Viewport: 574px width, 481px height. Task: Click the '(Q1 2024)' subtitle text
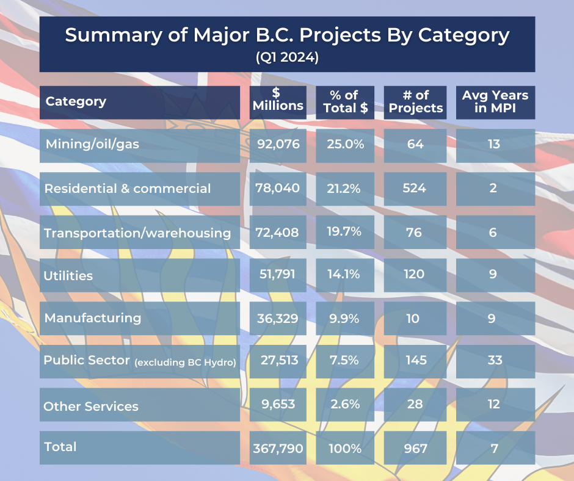click(x=287, y=59)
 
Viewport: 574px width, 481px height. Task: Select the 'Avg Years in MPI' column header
click(x=495, y=102)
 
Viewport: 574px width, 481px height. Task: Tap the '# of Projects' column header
click(x=415, y=102)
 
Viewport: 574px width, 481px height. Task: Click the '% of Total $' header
click(x=345, y=102)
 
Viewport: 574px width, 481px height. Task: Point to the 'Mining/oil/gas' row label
click(x=93, y=145)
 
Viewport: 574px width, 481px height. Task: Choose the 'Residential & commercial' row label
click(x=128, y=188)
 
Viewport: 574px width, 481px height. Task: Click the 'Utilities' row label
click(x=68, y=275)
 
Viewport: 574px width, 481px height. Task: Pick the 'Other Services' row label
click(x=91, y=406)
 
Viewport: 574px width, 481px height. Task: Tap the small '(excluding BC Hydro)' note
click(x=186, y=363)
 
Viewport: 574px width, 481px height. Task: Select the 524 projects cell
click(x=415, y=188)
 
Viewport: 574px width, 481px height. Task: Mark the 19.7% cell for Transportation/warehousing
click(x=345, y=231)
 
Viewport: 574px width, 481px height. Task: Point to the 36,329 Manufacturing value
click(x=278, y=318)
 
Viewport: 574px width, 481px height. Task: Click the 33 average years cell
click(x=495, y=360)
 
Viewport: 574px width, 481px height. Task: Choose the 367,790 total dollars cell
click(x=278, y=448)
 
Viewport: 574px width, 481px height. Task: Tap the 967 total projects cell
click(x=415, y=448)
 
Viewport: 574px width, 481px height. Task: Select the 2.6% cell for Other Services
click(x=345, y=404)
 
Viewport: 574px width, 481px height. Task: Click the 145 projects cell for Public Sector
click(x=415, y=360)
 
